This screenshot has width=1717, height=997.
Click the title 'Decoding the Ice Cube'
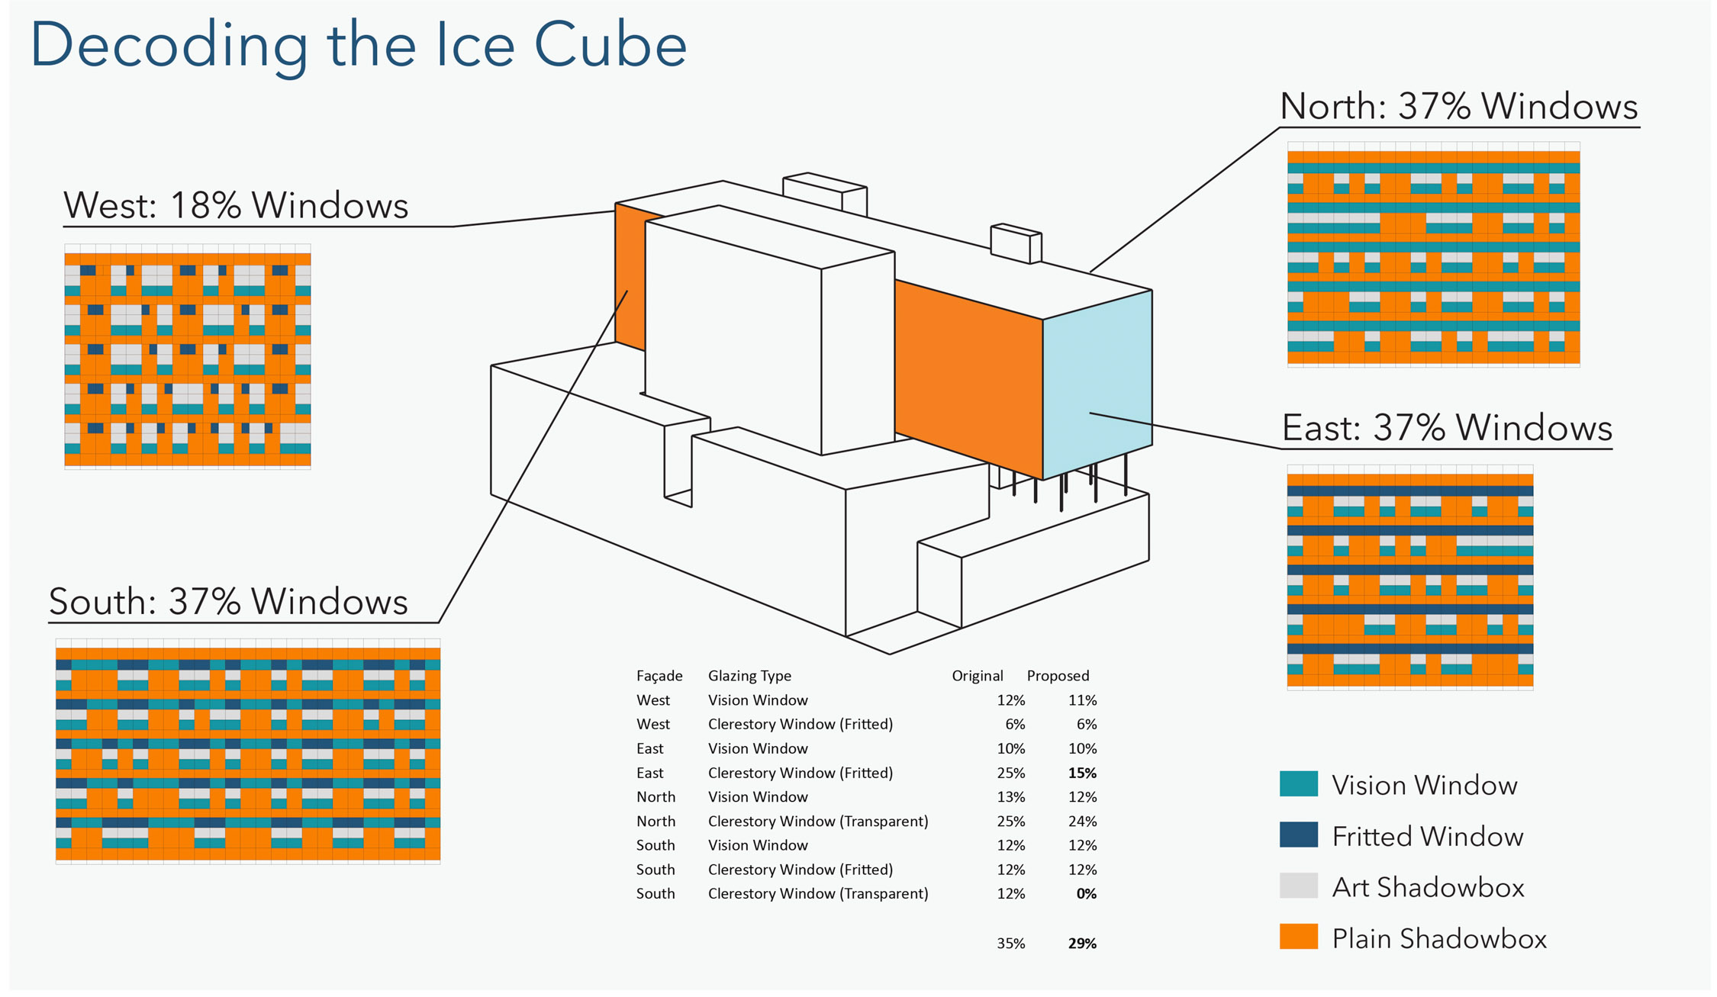[x=358, y=46]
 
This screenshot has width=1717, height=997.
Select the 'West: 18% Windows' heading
[x=236, y=205]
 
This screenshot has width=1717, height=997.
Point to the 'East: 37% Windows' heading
[x=1447, y=428]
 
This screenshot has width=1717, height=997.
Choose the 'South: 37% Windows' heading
[x=229, y=601]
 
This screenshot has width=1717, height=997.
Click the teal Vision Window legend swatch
[x=1298, y=783]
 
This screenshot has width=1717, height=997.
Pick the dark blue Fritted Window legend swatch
[x=1298, y=835]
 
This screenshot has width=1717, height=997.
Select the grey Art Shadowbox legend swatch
[x=1298, y=886]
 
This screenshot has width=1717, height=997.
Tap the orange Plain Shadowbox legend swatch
[x=1298, y=937]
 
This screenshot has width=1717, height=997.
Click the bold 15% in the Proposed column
[x=1082, y=773]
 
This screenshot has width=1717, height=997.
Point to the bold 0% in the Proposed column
[x=1086, y=893]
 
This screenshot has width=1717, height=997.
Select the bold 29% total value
[x=1082, y=944]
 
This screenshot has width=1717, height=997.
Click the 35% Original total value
[x=1010, y=944]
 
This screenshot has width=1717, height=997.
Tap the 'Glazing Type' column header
[x=749, y=676]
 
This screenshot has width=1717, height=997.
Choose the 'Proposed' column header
[x=1058, y=676]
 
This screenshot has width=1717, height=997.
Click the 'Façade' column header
[x=659, y=676]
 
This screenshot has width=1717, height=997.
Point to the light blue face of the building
[x=1097, y=384]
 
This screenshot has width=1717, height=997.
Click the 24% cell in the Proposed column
[x=1082, y=822]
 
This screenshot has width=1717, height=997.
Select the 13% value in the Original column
[x=1010, y=797]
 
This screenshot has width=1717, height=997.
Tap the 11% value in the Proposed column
[x=1082, y=700]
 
